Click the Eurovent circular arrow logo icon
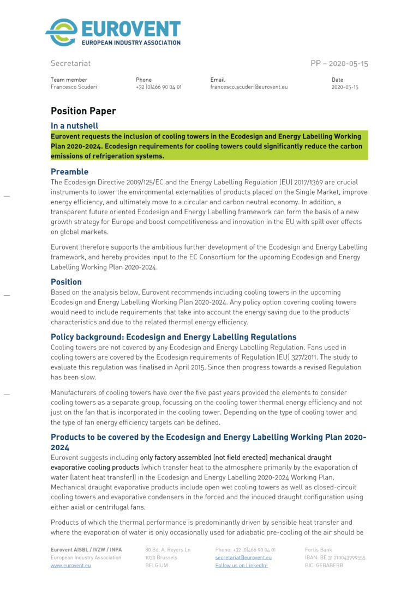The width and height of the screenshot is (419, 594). [61, 32]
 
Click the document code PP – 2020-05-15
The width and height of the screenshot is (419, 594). [339, 64]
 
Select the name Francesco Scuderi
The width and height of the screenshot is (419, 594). [74, 87]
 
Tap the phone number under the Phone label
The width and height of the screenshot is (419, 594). [159, 87]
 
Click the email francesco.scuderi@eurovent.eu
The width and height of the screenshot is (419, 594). [249, 87]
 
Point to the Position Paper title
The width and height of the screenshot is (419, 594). [83, 111]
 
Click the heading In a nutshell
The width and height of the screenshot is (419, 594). [75, 126]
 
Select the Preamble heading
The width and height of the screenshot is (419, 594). [69, 172]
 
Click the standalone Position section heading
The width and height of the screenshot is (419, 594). [66, 282]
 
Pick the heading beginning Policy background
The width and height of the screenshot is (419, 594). [173, 337]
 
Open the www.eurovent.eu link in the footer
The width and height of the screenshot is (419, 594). [71, 566]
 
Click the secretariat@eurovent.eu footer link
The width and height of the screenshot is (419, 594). [243, 557]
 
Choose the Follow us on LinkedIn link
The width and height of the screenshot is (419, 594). [242, 566]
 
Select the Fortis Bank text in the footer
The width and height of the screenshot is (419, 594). [318, 550]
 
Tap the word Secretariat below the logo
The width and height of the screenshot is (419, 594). [71, 64]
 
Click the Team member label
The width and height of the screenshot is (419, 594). [69, 80]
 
